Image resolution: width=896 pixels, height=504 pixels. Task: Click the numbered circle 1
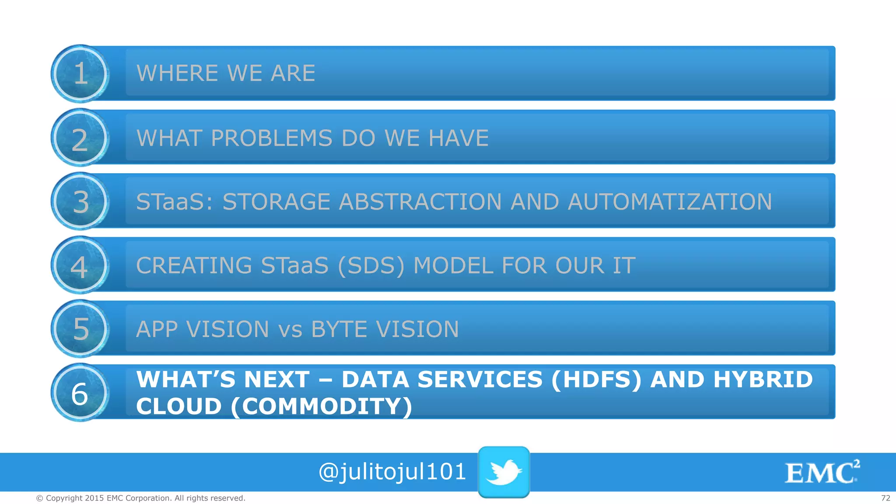tap(80, 73)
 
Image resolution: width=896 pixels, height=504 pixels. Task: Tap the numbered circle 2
tap(80, 138)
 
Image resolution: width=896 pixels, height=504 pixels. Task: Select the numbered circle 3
tap(80, 201)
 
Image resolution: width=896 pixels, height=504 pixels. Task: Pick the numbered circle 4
tap(80, 265)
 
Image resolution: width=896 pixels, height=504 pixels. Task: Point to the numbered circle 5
tap(80, 329)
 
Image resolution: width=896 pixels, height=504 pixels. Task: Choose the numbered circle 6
tap(80, 392)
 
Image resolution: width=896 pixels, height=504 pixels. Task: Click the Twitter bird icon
tap(504, 472)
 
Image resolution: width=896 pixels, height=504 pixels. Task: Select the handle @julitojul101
tap(392, 472)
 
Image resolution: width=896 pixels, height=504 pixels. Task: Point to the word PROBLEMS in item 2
tap(271, 138)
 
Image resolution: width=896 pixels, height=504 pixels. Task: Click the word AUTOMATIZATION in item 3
tap(669, 202)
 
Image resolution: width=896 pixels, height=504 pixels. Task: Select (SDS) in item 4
tap(371, 266)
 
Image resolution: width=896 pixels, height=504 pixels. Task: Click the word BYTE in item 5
tap(339, 329)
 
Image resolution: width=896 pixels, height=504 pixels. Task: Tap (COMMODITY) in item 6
tap(322, 406)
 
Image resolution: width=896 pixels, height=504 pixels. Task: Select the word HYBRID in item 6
tap(763, 379)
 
